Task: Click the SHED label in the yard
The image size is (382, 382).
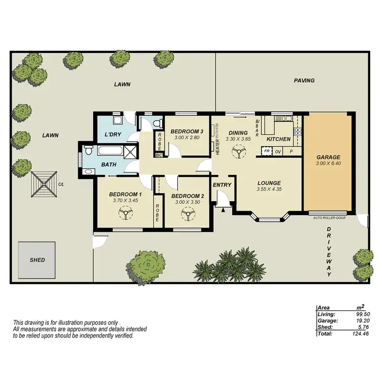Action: pyautogui.click(x=37, y=260)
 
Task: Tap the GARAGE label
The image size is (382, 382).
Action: pyautogui.click(x=328, y=157)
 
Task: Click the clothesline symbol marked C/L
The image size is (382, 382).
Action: pyautogui.click(x=44, y=183)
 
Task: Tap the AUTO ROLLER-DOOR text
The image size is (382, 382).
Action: pyautogui.click(x=329, y=217)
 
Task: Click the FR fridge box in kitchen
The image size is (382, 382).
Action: pyautogui.click(x=266, y=151)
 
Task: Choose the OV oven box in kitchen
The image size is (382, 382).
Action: pyautogui.click(x=279, y=151)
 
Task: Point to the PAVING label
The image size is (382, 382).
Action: pyautogui.click(x=304, y=80)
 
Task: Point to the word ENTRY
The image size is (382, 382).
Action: pyautogui.click(x=222, y=185)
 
